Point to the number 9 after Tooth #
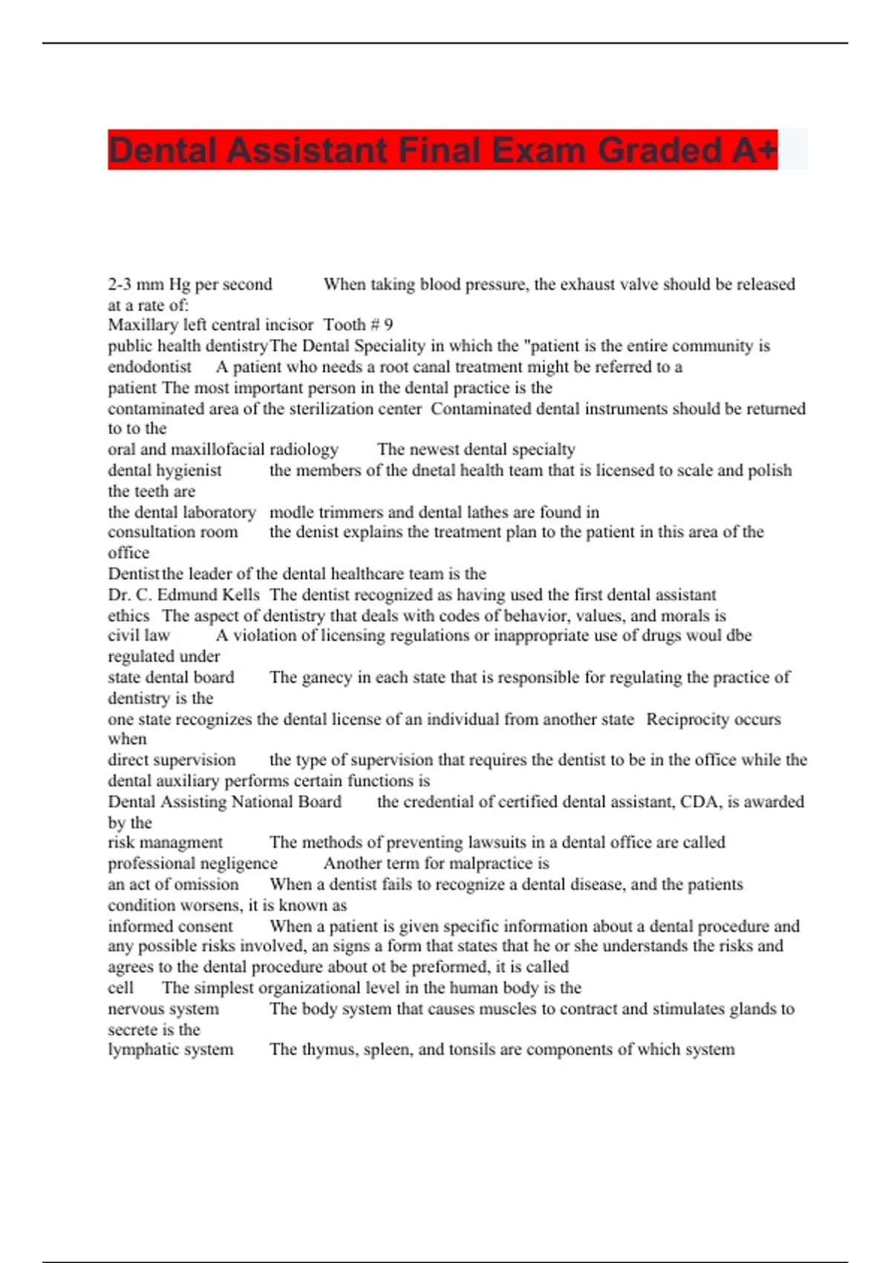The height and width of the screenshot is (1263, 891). click(x=388, y=325)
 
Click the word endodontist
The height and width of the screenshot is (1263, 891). click(x=149, y=367)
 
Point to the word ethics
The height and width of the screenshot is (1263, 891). click(x=128, y=616)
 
